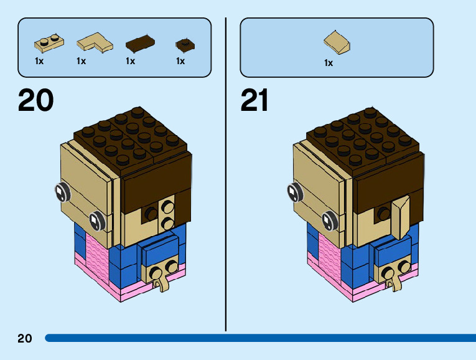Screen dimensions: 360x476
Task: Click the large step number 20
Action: click(x=35, y=100)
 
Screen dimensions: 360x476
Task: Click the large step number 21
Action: click(x=254, y=100)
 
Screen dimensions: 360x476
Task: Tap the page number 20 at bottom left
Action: click(x=25, y=338)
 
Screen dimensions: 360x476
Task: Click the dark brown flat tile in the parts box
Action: click(x=139, y=43)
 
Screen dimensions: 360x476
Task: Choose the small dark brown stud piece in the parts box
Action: click(x=183, y=44)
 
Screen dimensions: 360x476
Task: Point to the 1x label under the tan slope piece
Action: click(x=329, y=63)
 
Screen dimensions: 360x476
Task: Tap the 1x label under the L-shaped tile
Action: click(x=81, y=61)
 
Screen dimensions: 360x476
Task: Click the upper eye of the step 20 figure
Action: click(x=62, y=193)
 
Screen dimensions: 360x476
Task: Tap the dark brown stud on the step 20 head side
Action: click(x=151, y=214)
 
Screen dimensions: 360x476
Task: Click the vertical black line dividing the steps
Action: click(x=225, y=174)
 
